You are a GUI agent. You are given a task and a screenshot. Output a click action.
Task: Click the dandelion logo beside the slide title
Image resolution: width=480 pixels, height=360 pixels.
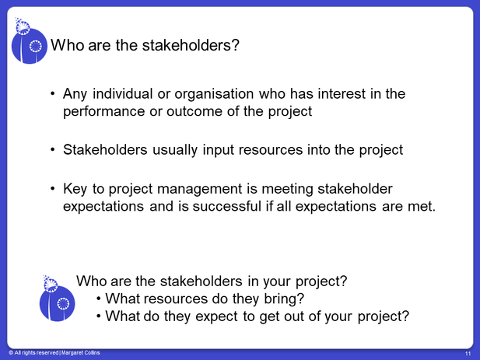tap(30, 41)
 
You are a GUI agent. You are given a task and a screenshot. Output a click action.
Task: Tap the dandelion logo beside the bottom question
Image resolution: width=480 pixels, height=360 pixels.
tap(58, 299)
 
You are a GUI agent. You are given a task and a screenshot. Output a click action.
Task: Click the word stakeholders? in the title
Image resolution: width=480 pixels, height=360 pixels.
tap(191, 45)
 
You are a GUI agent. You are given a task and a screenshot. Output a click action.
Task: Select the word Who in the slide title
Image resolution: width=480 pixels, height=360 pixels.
tap(68, 45)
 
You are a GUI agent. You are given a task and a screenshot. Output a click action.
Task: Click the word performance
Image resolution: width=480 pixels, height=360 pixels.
tap(103, 112)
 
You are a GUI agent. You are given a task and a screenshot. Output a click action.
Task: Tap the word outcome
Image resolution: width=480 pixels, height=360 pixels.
tap(194, 111)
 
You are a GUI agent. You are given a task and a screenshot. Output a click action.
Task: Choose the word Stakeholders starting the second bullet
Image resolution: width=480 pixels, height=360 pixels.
tap(105, 150)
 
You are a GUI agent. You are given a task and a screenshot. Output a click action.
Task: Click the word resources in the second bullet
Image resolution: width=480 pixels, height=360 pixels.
tap(271, 150)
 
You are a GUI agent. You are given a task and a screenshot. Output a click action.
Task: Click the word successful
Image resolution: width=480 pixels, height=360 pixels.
tap(226, 206)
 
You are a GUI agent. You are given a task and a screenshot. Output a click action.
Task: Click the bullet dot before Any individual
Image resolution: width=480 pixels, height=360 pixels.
tap(53, 93)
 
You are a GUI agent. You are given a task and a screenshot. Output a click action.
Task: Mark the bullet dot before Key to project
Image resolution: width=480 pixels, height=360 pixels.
tap(53, 188)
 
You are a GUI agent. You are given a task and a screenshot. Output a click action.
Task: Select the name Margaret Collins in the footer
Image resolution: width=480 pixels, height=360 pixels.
tap(80, 353)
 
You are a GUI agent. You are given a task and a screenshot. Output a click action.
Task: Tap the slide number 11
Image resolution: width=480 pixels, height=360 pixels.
tap(468, 354)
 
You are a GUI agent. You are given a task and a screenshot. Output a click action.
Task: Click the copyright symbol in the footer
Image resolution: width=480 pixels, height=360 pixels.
tap(11, 353)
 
